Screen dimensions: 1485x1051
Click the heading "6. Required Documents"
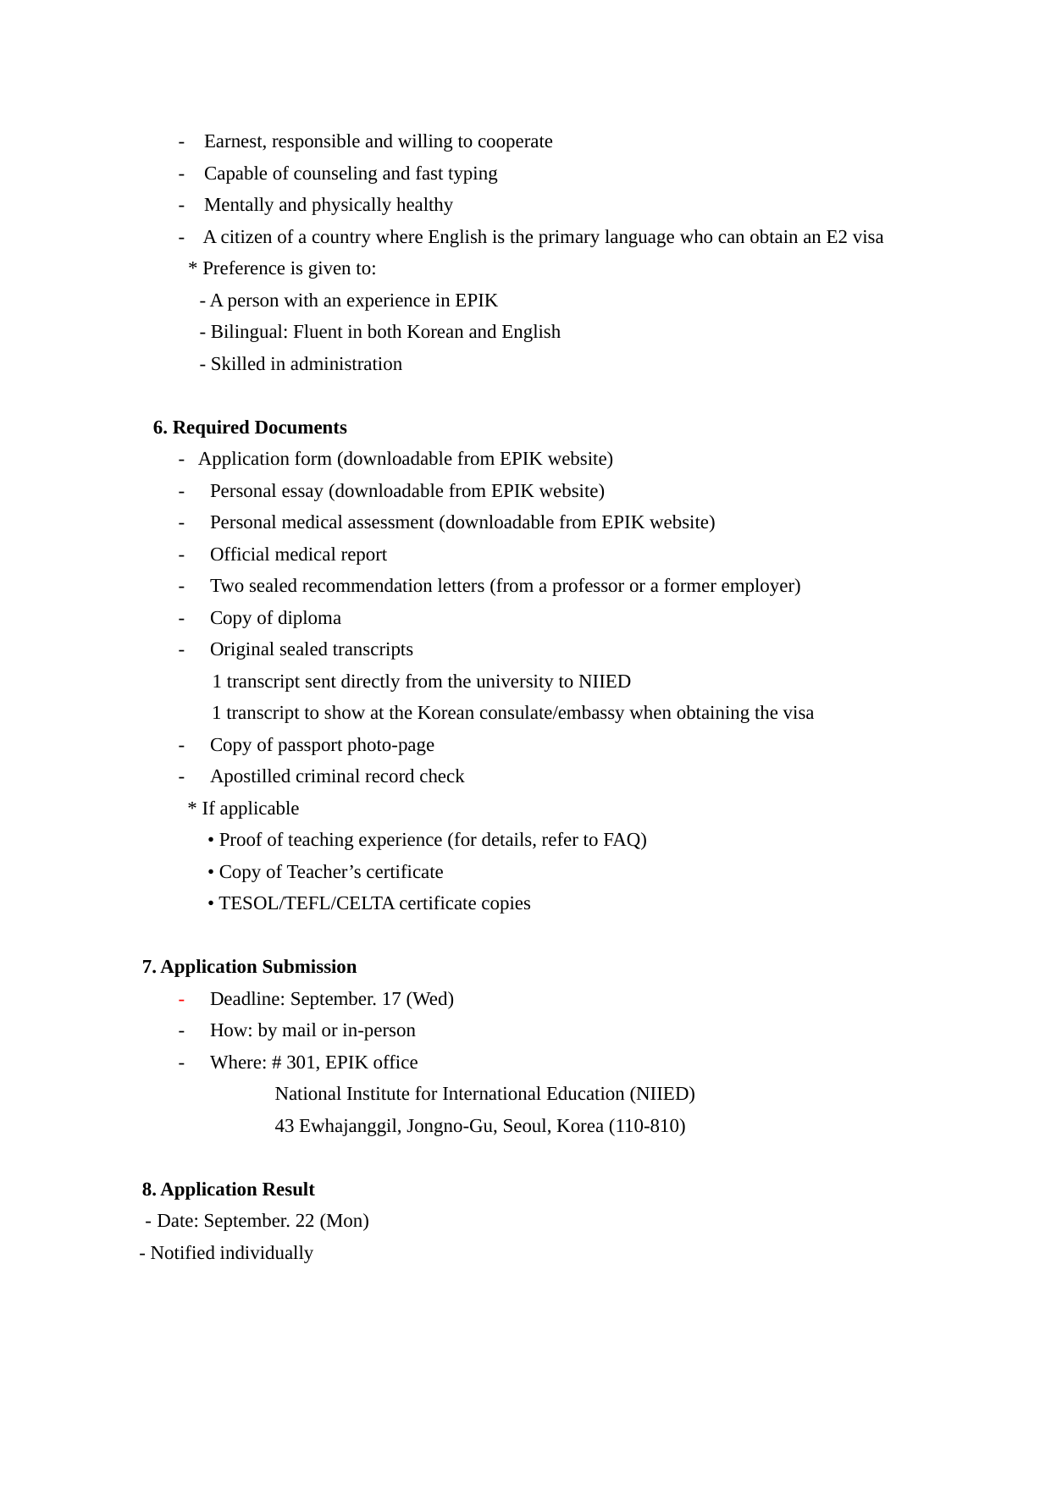click(x=250, y=428)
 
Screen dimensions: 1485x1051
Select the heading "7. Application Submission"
click(x=249, y=967)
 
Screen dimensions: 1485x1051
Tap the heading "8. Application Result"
click(x=228, y=1190)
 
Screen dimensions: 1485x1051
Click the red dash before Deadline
click(x=181, y=1000)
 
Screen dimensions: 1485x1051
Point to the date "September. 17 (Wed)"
click(x=372, y=999)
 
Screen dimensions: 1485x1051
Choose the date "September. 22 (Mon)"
click(x=286, y=1221)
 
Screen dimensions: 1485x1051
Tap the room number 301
click(x=301, y=1063)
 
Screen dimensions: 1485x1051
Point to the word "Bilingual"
click(x=249, y=332)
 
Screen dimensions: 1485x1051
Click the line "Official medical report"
click(x=298, y=555)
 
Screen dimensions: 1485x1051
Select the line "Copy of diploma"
click(x=275, y=618)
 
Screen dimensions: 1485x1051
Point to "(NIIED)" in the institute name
click(x=662, y=1094)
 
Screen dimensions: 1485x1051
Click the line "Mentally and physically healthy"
click(x=329, y=205)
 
